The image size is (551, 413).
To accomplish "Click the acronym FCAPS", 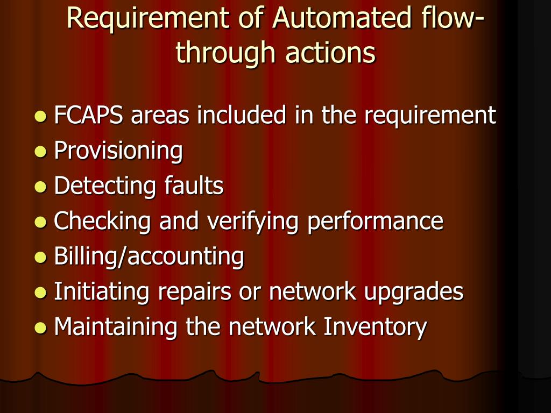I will click(x=88, y=115).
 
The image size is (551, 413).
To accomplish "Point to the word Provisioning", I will click(x=118, y=151).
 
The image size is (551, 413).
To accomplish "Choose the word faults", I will click(x=192, y=186).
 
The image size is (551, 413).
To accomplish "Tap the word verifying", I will click(x=261, y=221).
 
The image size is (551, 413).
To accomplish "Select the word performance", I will click(x=375, y=221).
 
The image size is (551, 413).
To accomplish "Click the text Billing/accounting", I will click(x=149, y=257).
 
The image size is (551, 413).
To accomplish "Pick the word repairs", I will click(x=209, y=292).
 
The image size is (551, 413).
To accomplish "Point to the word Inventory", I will click(x=375, y=327).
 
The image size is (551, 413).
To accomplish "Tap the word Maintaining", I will click(x=116, y=327).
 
